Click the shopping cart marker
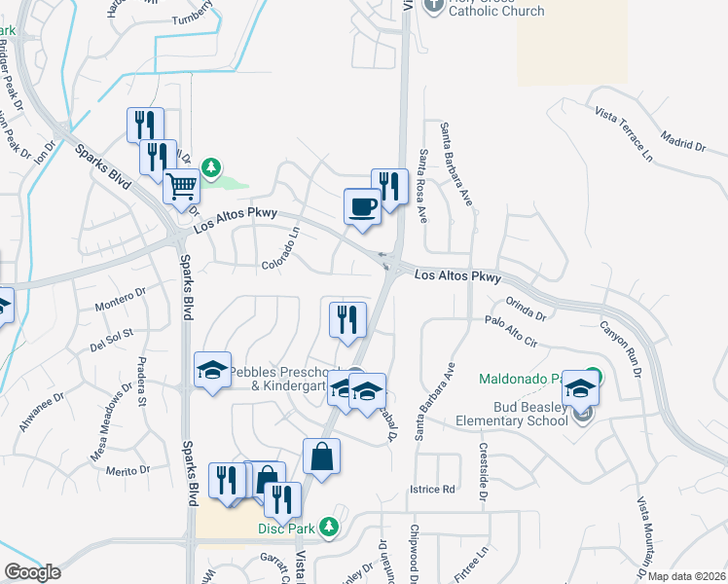[x=182, y=186]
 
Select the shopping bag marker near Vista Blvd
[x=322, y=456]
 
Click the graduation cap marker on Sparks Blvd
[x=212, y=371]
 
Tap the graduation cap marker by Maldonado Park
[x=581, y=386]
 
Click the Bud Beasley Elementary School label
[x=513, y=413]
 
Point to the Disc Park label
[x=288, y=529]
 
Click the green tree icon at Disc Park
[x=329, y=527]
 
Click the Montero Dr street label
[x=120, y=299]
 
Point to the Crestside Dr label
[x=482, y=463]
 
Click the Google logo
[x=33, y=572]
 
